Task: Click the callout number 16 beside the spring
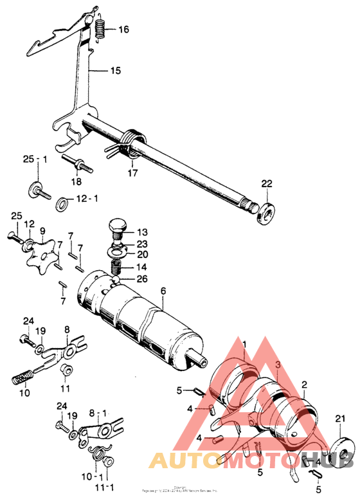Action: [x=123, y=30]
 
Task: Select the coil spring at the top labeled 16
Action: [x=100, y=30]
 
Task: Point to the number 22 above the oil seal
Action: [x=267, y=184]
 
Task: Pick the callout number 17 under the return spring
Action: [x=132, y=172]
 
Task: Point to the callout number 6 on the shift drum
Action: [x=163, y=291]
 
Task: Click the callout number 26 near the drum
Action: [x=141, y=279]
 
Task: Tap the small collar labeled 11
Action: [x=65, y=370]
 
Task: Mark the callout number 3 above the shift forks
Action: [x=278, y=365]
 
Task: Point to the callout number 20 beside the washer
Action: [x=141, y=253]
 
